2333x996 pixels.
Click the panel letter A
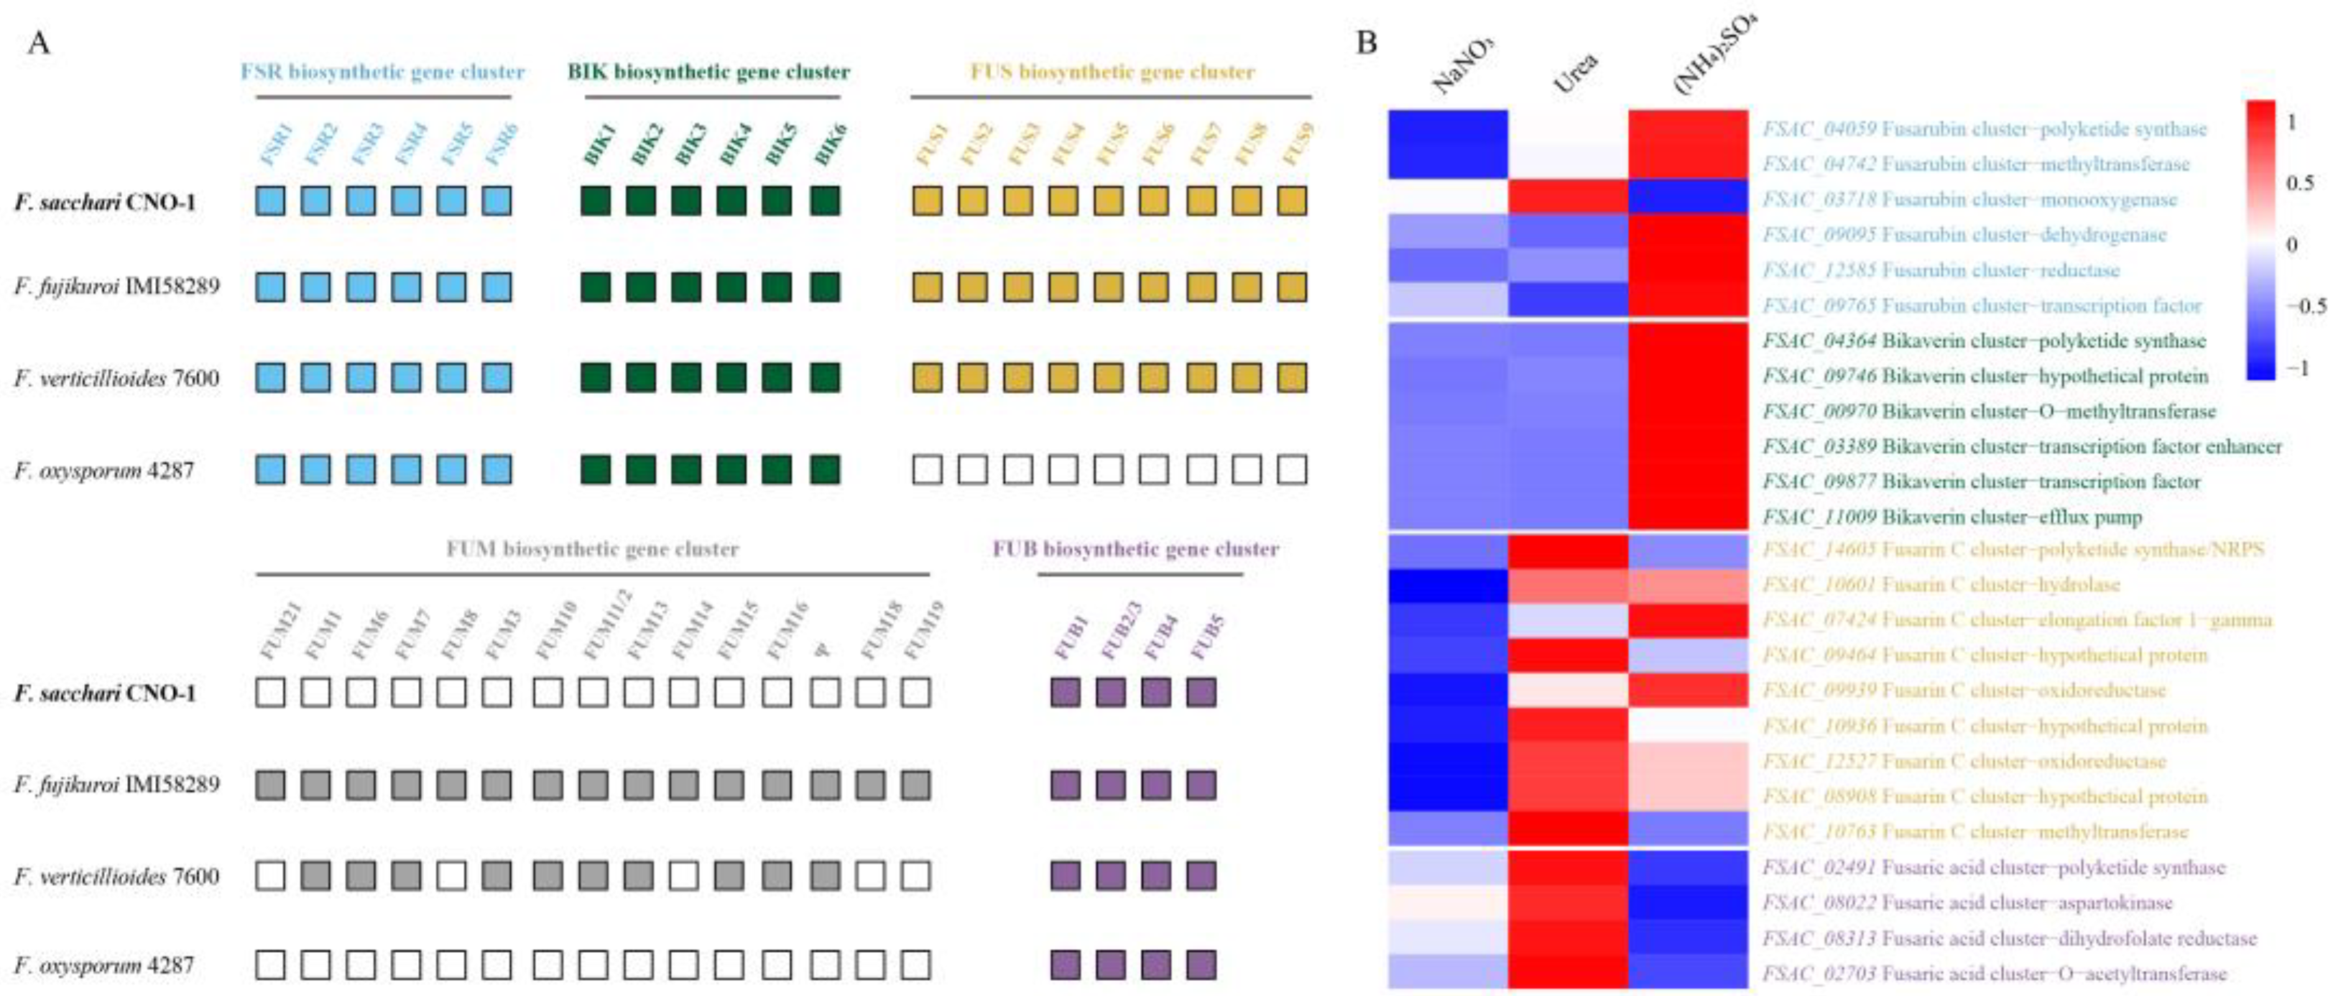(38, 42)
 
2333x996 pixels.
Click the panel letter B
(1367, 42)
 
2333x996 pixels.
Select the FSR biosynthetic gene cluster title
(382, 72)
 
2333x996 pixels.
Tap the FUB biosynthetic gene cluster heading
(1136, 549)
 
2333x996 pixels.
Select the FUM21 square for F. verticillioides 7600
(270, 875)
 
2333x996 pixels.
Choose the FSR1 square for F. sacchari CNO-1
(270, 201)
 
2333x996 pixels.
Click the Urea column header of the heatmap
(1575, 73)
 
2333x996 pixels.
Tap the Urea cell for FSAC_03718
(1568, 198)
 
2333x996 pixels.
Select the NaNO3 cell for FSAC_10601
(1449, 585)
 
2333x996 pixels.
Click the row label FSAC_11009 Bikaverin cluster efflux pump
(1951, 517)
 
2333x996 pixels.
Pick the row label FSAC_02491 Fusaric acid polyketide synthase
(1992, 867)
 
